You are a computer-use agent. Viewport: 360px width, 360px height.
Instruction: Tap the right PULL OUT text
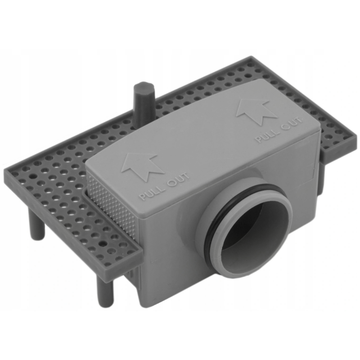tap(279, 130)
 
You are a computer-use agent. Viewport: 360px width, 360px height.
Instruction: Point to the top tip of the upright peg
tap(143, 86)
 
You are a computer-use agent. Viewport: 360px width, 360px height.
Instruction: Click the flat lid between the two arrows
tap(202, 135)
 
